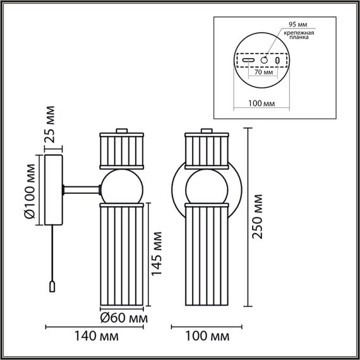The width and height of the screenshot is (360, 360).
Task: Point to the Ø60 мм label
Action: [124, 317]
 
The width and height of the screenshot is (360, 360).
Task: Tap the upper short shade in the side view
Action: [123, 149]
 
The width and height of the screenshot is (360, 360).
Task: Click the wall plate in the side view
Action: [52, 190]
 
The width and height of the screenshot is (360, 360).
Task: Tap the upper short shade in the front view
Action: [205, 150]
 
